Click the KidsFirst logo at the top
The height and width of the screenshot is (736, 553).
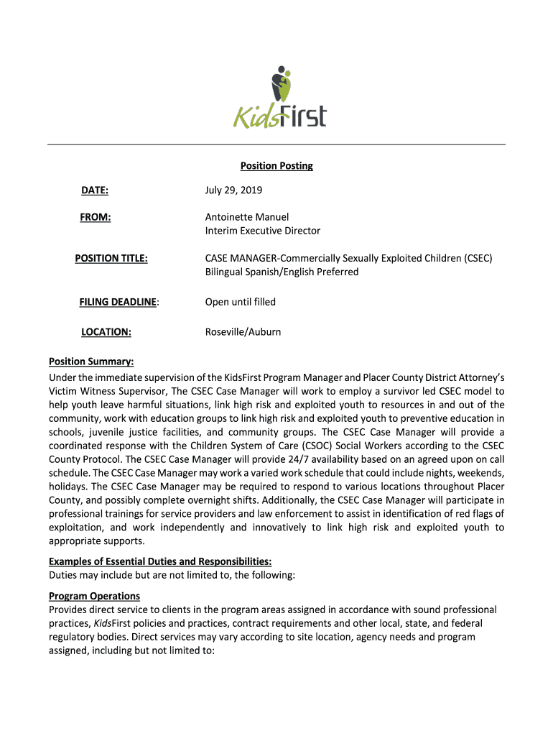coord(279,98)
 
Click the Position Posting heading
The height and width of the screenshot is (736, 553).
coord(276,166)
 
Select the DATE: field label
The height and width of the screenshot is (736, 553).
coord(94,190)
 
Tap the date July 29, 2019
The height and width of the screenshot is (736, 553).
coord(233,190)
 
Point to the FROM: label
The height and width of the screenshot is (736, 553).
coord(95,216)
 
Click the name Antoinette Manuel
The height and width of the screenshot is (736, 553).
coord(246,216)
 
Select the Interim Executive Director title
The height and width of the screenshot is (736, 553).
coord(262,231)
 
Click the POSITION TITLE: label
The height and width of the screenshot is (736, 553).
coord(111,257)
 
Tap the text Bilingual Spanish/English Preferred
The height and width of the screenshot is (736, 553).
coord(282,272)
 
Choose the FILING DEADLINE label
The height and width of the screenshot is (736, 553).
coord(118,302)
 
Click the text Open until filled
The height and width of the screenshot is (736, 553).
coord(240,302)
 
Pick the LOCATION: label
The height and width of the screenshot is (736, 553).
coord(106,332)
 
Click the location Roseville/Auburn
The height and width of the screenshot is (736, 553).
coord(243,332)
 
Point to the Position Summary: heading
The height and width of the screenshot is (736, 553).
coord(91,362)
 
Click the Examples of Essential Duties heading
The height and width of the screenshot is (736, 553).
coord(159,561)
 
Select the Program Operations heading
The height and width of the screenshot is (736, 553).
coord(94,596)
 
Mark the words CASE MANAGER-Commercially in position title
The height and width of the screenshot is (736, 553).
coord(266,257)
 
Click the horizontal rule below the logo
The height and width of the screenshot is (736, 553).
coord(276,144)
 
